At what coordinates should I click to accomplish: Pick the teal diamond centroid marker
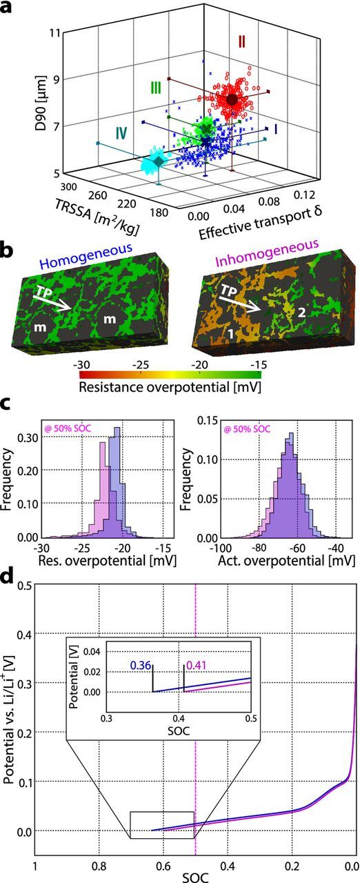(160, 161)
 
